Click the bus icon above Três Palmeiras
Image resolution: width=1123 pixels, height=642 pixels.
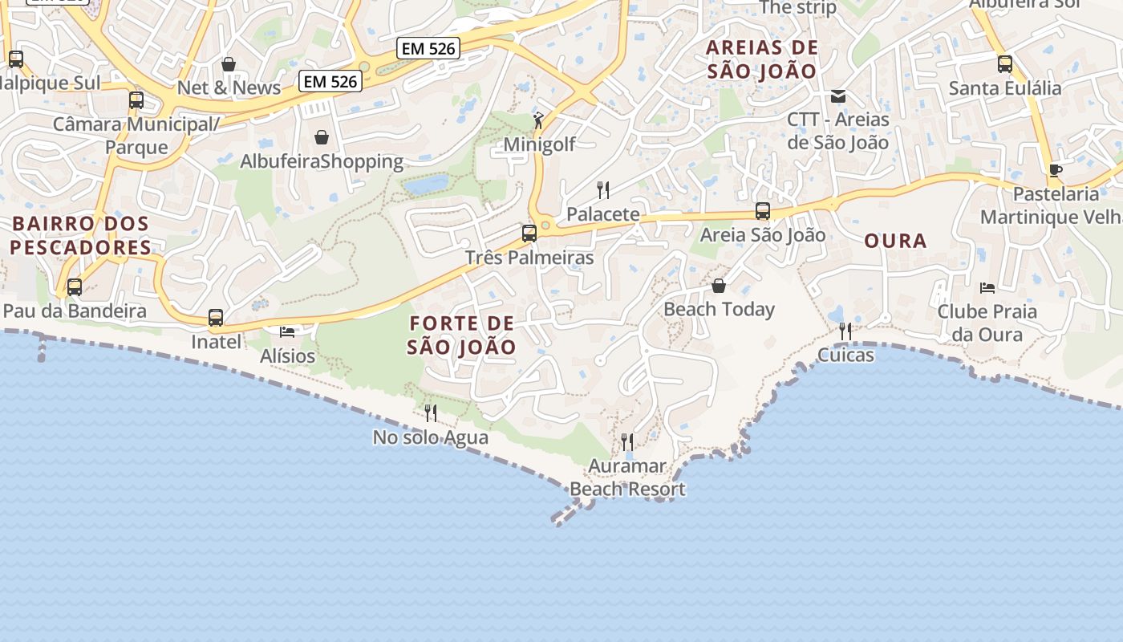(x=529, y=234)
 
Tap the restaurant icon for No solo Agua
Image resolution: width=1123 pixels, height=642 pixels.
(x=431, y=413)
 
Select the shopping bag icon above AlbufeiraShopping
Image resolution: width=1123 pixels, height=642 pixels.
(x=322, y=137)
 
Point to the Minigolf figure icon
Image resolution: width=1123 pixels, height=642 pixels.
(x=539, y=121)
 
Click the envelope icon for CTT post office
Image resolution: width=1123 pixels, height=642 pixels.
(x=838, y=96)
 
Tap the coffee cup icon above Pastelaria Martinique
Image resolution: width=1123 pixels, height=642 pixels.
(x=1056, y=170)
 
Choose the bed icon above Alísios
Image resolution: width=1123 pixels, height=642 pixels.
(x=287, y=331)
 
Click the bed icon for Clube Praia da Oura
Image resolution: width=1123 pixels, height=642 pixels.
(x=987, y=287)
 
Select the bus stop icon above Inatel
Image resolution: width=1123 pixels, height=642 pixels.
(x=216, y=318)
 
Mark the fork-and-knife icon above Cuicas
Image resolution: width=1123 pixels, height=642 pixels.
(x=845, y=331)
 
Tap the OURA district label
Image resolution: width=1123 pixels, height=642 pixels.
(x=895, y=241)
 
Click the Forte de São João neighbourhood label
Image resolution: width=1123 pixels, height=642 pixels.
(x=461, y=335)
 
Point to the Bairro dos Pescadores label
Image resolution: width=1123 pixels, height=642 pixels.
(x=81, y=235)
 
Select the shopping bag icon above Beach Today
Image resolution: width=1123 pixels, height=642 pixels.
(x=719, y=286)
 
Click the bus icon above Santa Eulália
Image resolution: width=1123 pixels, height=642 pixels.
(x=1005, y=64)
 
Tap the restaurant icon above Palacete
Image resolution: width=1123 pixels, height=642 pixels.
(x=603, y=190)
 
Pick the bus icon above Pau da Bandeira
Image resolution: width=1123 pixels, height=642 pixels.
(x=75, y=286)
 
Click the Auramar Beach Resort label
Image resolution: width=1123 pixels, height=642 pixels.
(x=627, y=477)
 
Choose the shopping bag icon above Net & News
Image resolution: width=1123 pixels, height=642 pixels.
(x=229, y=64)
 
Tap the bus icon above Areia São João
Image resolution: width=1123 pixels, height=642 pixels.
(x=763, y=211)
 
